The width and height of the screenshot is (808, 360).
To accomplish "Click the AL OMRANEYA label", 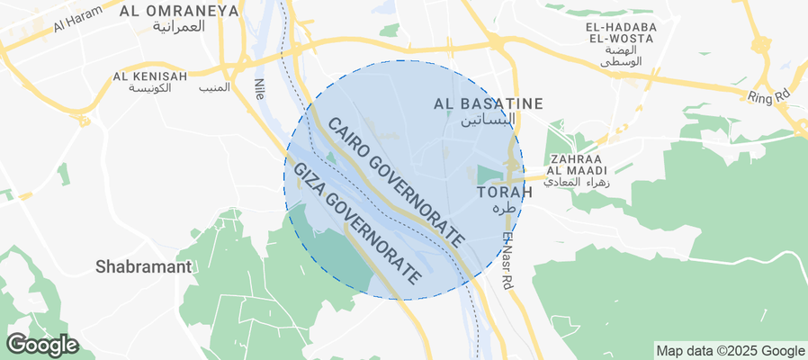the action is [x=179, y=11].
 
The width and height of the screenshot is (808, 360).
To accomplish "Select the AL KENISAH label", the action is [x=150, y=76].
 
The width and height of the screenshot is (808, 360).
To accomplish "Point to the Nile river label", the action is [x=260, y=88].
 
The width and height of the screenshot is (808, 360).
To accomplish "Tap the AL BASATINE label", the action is [x=489, y=103].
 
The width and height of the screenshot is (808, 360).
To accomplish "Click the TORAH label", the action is [x=498, y=192].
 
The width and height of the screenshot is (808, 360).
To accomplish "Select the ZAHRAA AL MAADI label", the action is [x=572, y=163].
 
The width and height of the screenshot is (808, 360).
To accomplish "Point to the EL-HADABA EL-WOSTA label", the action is [x=622, y=32].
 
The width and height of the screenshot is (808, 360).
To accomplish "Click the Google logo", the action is [x=41, y=344].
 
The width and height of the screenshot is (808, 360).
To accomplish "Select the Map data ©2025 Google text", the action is [x=730, y=351].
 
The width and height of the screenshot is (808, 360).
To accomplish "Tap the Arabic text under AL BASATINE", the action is [x=489, y=120].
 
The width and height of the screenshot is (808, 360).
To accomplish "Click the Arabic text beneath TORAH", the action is [x=507, y=208].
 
